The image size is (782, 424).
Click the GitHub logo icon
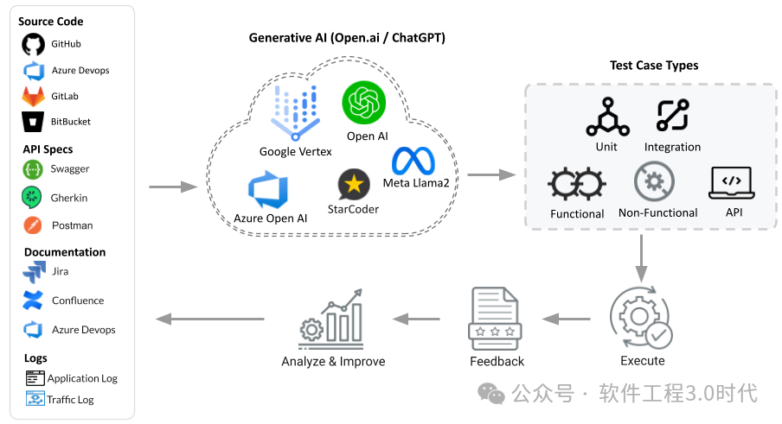pos(34,45)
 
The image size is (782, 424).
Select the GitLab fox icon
pos(34,96)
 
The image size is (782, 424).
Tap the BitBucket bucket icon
pos(34,122)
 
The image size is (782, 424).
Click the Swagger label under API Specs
pos(69,169)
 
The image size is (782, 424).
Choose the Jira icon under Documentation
pos(34,272)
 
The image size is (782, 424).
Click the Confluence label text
pos(78,301)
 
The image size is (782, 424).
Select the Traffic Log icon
pos(35,399)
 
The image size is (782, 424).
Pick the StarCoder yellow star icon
pos(353,183)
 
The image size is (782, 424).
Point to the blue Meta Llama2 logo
pos(413,161)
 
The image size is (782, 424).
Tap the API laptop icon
pos(731,182)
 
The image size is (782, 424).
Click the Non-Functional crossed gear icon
pos(654,182)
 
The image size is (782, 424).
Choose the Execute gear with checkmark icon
pos(641,319)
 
